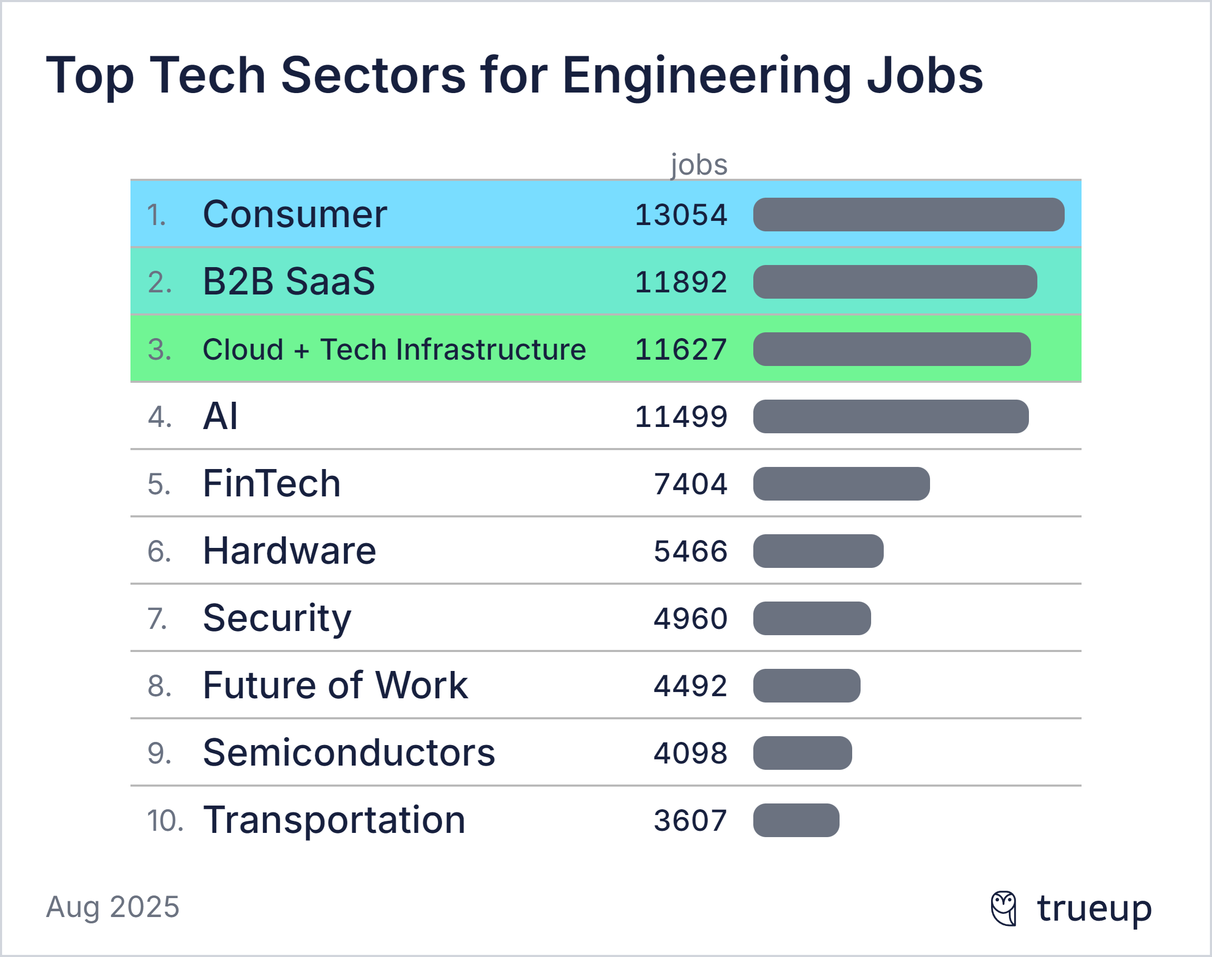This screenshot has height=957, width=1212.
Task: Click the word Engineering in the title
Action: coord(706,77)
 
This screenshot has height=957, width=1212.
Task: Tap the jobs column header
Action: coord(699,165)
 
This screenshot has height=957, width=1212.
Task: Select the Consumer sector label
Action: coord(295,214)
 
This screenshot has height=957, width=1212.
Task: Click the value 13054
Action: coord(681,215)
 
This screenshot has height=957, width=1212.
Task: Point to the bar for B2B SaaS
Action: coord(895,282)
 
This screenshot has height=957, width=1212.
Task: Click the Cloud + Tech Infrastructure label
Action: coord(394,350)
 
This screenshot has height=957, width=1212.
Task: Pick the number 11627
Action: coord(681,350)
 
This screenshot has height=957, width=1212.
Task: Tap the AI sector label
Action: coord(220,416)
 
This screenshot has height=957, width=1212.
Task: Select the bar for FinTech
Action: coord(841,484)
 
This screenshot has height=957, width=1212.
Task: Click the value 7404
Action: coord(690,484)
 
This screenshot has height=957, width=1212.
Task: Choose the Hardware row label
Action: coord(289,551)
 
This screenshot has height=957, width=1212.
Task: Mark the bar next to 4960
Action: coord(812,618)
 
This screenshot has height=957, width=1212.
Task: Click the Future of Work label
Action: coord(335,685)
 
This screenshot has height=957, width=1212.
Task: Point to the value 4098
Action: coord(690,753)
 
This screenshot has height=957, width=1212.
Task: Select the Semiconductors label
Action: coord(349,752)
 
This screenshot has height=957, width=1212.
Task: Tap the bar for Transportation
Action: coord(796,820)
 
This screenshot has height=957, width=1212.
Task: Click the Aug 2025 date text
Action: coord(113,907)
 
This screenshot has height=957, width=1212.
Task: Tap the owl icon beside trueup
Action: coord(1004,908)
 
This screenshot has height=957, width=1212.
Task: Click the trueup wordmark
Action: coord(1094,908)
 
